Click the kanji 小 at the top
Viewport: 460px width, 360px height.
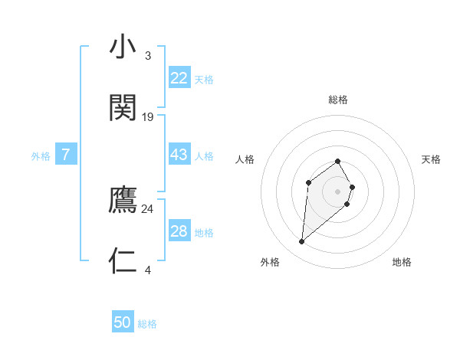click(123, 47)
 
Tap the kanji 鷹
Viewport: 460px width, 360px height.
click(123, 201)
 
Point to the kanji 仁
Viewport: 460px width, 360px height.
click(123, 260)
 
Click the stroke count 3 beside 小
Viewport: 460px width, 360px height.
click(147, 56)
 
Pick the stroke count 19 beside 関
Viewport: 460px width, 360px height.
click(148, 117)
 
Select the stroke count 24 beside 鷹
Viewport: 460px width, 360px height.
click(148, 208)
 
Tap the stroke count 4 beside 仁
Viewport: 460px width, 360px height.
click(147, 269)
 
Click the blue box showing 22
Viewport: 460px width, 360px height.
click(179, 78)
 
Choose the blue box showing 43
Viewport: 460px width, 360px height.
click(179, 155)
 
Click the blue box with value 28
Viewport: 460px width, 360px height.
click(179, 231)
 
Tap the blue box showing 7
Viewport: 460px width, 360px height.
click(66, 155)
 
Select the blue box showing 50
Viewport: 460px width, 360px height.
click(123, 322)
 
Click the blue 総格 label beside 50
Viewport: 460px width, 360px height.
click(147, 324)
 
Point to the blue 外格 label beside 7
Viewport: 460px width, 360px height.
click(41, 156)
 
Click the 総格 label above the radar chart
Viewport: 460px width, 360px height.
click(338, 100)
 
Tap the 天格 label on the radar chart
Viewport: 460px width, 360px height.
click(431, 159)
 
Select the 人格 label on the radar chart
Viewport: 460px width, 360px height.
click(245, 159)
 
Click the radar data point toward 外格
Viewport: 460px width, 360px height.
click(302, 242)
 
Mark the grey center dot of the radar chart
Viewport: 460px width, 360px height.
click(338, 191)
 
